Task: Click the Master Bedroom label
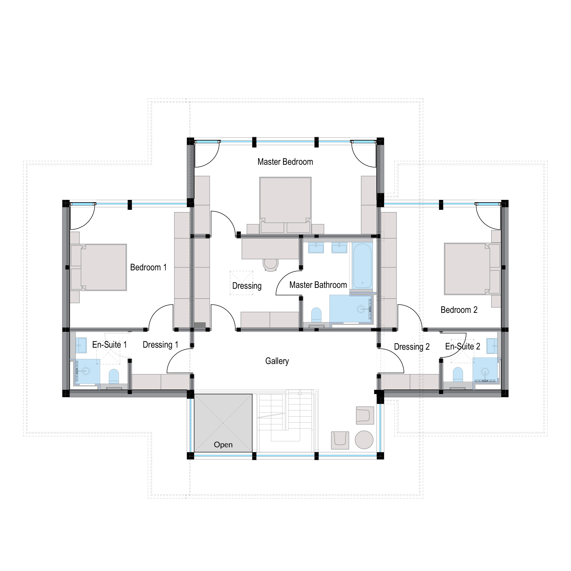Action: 285,162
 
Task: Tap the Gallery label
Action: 277,361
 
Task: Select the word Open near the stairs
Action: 223,445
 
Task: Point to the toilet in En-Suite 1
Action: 114,377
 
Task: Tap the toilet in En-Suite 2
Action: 458,375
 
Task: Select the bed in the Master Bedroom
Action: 285,205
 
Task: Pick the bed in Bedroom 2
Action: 472,269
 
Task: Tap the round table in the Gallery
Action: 364,440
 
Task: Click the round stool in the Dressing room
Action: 271,265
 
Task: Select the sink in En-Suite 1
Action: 81,345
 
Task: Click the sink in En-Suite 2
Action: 492,346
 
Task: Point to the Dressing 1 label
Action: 161,345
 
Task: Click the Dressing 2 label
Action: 412,347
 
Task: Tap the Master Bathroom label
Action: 318,285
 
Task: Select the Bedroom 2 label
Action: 459,310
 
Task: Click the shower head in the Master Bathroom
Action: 361,309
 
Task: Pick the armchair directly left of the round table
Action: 340,440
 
